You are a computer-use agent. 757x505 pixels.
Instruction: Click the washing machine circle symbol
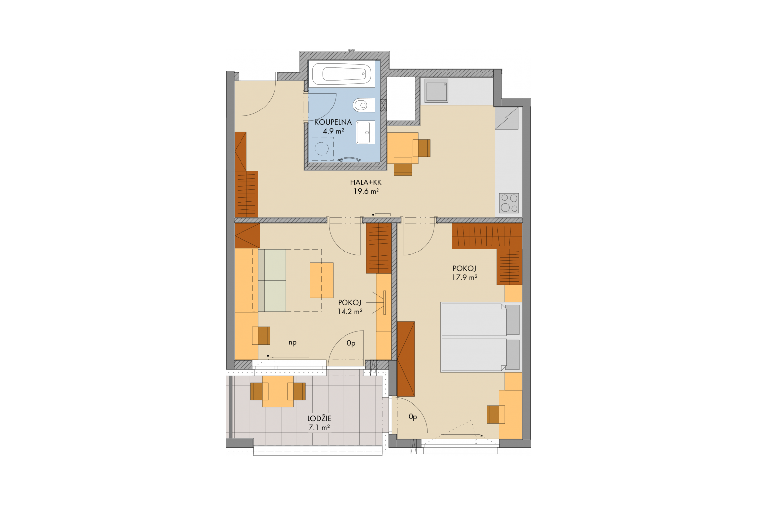click(x=321, y=148)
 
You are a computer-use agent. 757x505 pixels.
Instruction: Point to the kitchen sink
click(x=436, y=91)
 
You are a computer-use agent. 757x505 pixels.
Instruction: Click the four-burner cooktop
click(x=509, y=203)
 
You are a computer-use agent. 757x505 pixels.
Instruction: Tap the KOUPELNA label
click(x=333, y=122)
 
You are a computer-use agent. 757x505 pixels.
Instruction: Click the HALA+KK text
click(x=366, y=182)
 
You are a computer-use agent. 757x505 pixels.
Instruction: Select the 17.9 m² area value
click(x=465, y=277)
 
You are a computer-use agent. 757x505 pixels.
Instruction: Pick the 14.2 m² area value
click(x=350, y=311)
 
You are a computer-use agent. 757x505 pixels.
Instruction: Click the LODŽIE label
click(x=320, y=419)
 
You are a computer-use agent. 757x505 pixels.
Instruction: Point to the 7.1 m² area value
click(x=319, y=428)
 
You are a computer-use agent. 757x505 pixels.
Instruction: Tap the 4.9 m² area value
click(x=333, y=131)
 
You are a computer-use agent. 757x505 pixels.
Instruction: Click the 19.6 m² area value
click(x=366, y=191)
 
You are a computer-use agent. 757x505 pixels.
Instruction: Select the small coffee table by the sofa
click(x=321, y=281)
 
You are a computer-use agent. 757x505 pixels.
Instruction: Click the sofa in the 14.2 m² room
click(x=272, y=280)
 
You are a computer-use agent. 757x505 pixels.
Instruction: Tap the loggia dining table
click(x=278, y=392)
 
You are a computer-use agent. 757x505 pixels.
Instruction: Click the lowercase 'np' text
click(x=293, y=343)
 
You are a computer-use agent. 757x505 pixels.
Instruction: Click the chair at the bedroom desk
click(x=495, y=414)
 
